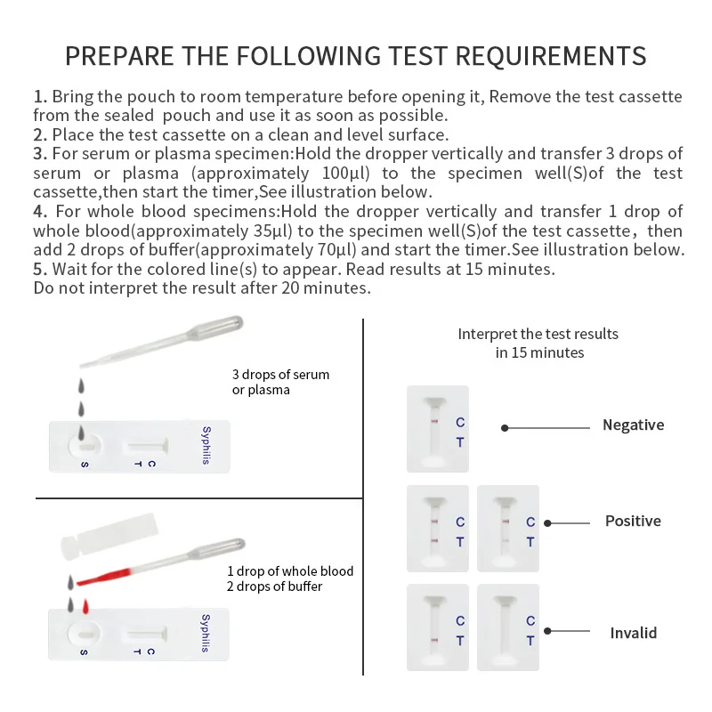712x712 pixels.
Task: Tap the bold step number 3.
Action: point(39,154)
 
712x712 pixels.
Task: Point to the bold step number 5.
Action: point(39,269)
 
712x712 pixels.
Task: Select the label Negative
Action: point(633,425)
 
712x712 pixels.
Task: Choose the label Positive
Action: point(633,521)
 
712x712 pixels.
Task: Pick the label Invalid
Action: point(633,634)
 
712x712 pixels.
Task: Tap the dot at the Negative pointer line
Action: point(505,427)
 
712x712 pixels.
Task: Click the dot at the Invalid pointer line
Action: point(547,633)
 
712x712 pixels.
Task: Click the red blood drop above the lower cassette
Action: point(85,606)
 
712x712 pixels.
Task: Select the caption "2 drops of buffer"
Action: point(274,587)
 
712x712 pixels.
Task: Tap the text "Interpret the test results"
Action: point(538,335)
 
